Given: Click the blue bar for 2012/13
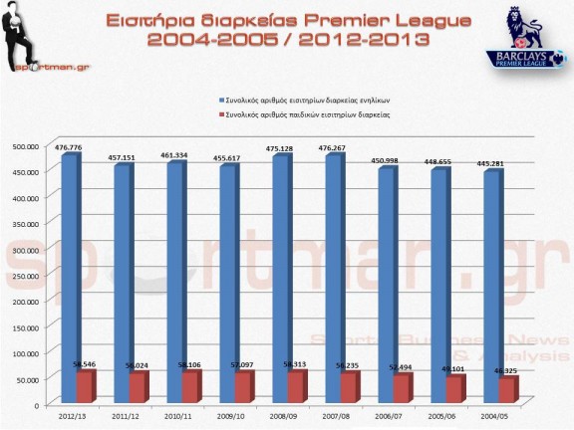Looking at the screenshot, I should (x=69, y=259).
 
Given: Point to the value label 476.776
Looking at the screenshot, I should (x=69, y=147).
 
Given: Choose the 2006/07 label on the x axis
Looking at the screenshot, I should (x=403, y=417).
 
